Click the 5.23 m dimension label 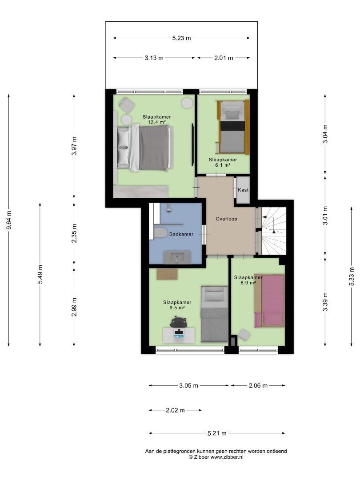181,38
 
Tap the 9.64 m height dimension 9,220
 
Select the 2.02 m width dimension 176,410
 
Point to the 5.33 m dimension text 352,276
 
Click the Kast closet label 244,190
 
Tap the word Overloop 227,219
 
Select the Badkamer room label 181,234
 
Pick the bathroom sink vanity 177,257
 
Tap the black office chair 179,322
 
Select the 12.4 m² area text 157,122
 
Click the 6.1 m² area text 223,165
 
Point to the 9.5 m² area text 177,308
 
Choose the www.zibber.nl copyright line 216,457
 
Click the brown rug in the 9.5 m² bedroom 167,274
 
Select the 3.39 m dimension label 325,302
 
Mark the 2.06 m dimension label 258,386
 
